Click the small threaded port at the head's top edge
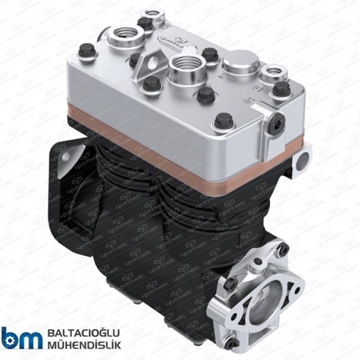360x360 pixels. (158, 20)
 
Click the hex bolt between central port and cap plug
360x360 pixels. (209, 55)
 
